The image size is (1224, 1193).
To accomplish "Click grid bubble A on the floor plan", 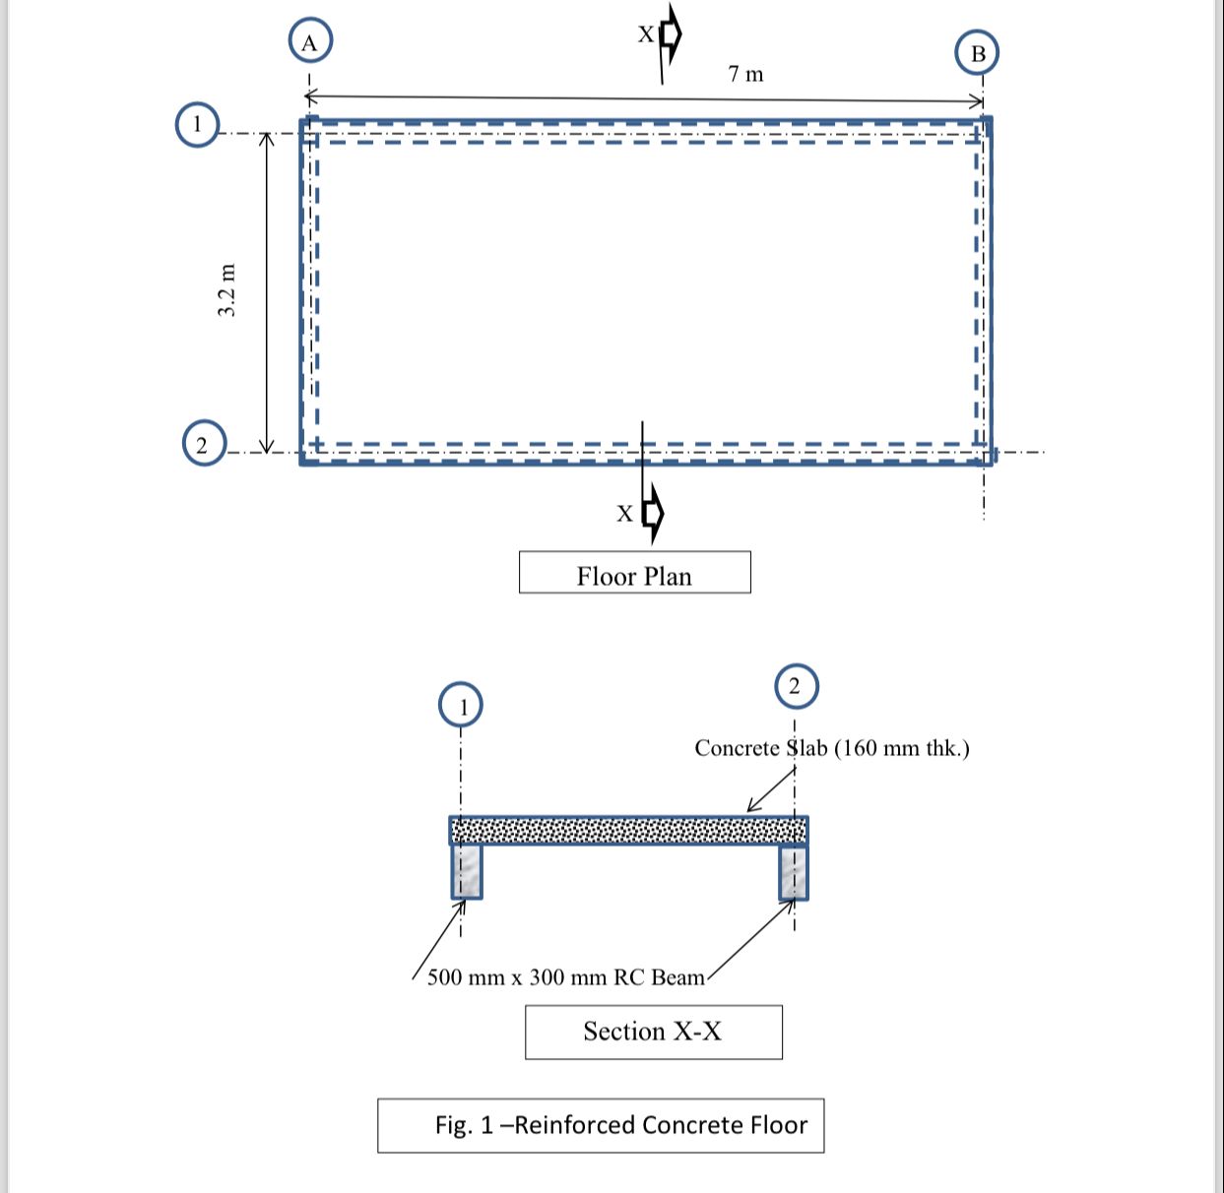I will pos(310,42).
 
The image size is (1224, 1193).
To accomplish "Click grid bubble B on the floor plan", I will pos(977,53).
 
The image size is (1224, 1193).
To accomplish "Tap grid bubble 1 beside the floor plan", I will pos(197,125).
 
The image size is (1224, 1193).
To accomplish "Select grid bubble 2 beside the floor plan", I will pos(203,444).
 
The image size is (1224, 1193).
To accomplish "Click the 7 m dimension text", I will pos(745,74).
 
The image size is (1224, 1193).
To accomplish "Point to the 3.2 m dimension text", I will pos(226,290).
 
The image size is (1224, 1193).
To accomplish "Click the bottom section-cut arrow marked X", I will pos(652,513).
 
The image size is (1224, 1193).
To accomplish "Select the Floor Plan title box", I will pos(634,573).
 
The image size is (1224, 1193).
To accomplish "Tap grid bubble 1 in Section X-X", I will pos(461,705).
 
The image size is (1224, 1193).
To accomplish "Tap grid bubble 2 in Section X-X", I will pos(797,686).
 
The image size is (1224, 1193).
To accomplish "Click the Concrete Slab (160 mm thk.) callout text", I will pos(831,748).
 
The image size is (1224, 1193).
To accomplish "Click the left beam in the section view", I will pos(467,872).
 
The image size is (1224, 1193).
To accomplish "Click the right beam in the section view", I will pos(794,872).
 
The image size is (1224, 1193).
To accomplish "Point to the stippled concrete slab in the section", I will pos(628,831).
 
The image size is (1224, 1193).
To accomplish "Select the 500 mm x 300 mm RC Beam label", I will pos(566,977).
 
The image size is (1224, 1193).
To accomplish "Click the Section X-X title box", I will pos(653,1032).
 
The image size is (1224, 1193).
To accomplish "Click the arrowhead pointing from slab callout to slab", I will pos(752,808).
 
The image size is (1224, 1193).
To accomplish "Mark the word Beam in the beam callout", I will pos(678,977).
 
